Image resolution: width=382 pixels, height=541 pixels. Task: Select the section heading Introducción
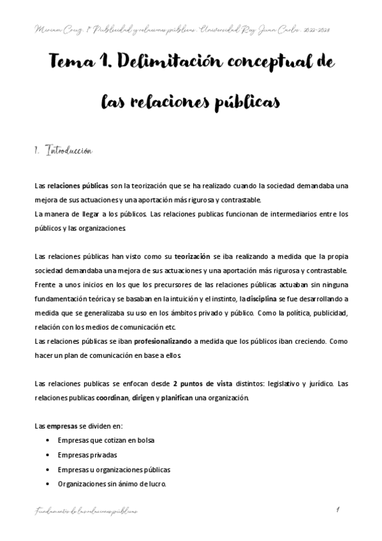click(x=71, y=151)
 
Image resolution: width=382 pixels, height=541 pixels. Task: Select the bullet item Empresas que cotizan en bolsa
click(x=105, y=441)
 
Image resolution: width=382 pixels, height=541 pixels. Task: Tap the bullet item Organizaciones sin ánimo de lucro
click(x=112, y=484)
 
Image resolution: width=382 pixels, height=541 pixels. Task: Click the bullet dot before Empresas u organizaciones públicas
click(x=50, y=470)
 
